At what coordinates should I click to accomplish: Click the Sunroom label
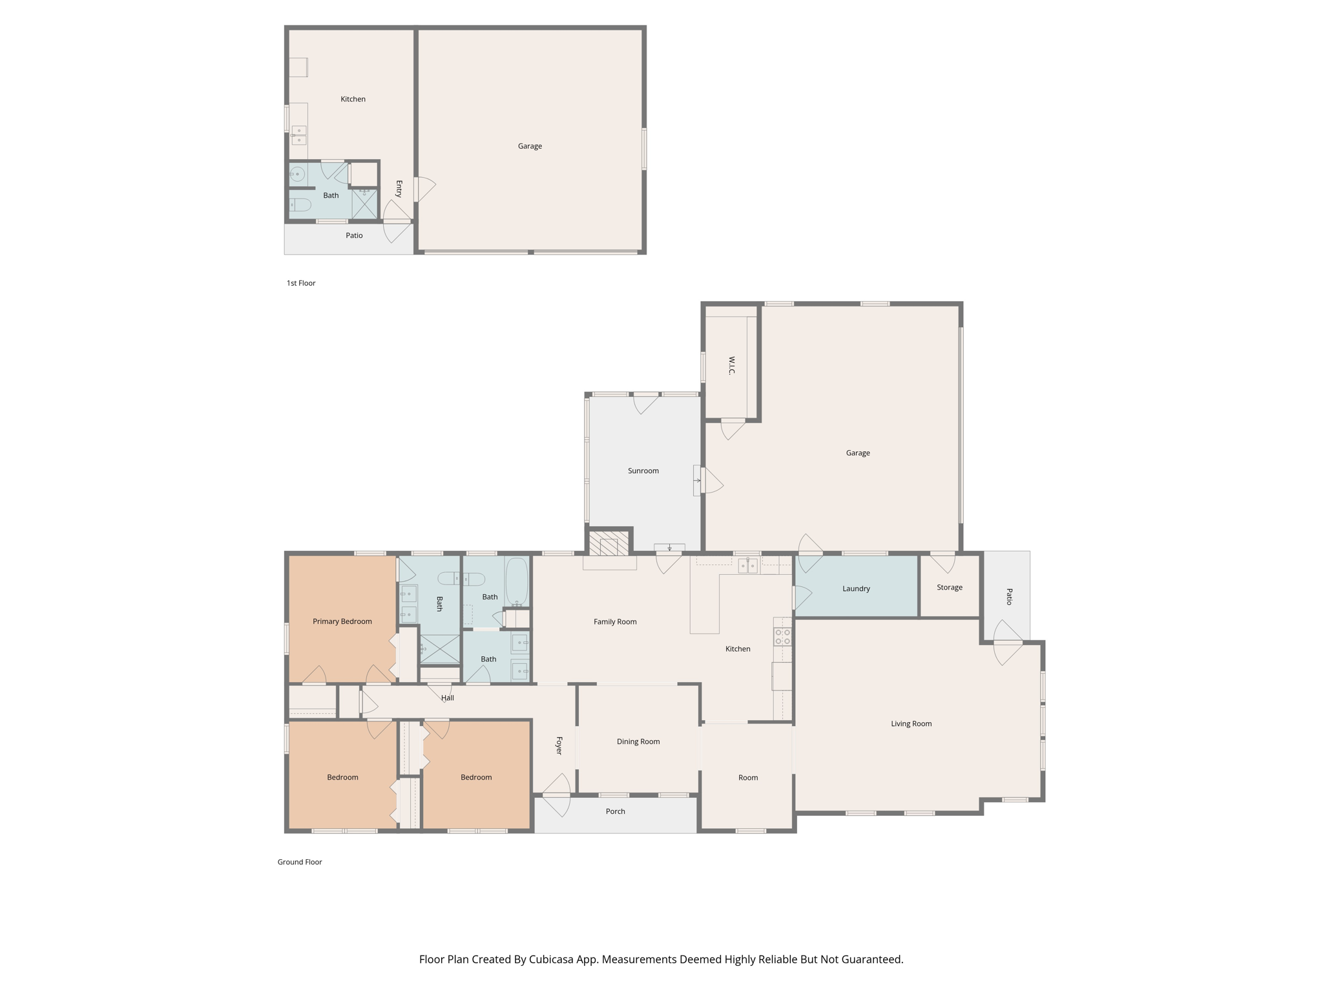pos(643,471)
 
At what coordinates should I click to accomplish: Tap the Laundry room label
pos(856,588)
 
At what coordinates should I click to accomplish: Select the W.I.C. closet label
pos(731,365)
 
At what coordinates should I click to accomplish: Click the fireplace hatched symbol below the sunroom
pos(609,543)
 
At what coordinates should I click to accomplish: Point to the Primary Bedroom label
pos(342,621)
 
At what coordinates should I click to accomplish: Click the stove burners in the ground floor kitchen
pos(782,637)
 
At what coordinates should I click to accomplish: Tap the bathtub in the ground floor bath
pos(516,581)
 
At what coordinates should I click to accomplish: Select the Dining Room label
pos(638,742)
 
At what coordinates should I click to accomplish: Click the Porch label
pos(615,811)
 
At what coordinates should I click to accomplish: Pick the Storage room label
pos(949,587)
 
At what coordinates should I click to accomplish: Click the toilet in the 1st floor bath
pos(300,205)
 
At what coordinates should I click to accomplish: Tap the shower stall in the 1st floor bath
pos(364,204)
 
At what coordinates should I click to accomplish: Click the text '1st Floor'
pos(301,283)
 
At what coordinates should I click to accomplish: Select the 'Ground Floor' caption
pos(300,862)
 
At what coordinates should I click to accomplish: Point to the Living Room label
pos(911,723)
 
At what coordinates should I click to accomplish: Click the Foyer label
pos(559,745)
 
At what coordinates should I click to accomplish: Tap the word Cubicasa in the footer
pos(553,959)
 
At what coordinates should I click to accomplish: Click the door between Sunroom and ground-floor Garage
pos(709,480)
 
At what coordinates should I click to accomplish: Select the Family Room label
pos(615,621)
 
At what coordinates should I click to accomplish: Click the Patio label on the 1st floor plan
pos(354,235)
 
